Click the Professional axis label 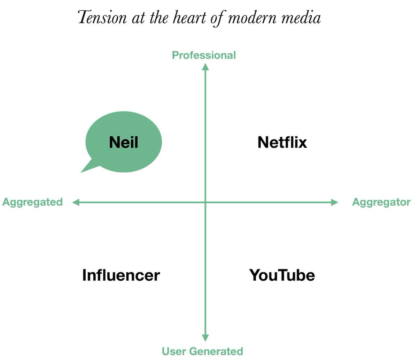[x=204, y=55]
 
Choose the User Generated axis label [x=202, y=351]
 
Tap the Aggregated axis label [x=32, y=202]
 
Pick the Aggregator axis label [x=381, y=202]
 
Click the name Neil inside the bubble [x=124, y=142]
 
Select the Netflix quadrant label [x=282, y=142]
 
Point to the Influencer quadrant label [x=121, y=275]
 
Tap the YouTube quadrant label [x=282, y=275]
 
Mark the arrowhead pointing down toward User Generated [x=206, y=338]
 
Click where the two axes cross [x=206, y=202]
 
